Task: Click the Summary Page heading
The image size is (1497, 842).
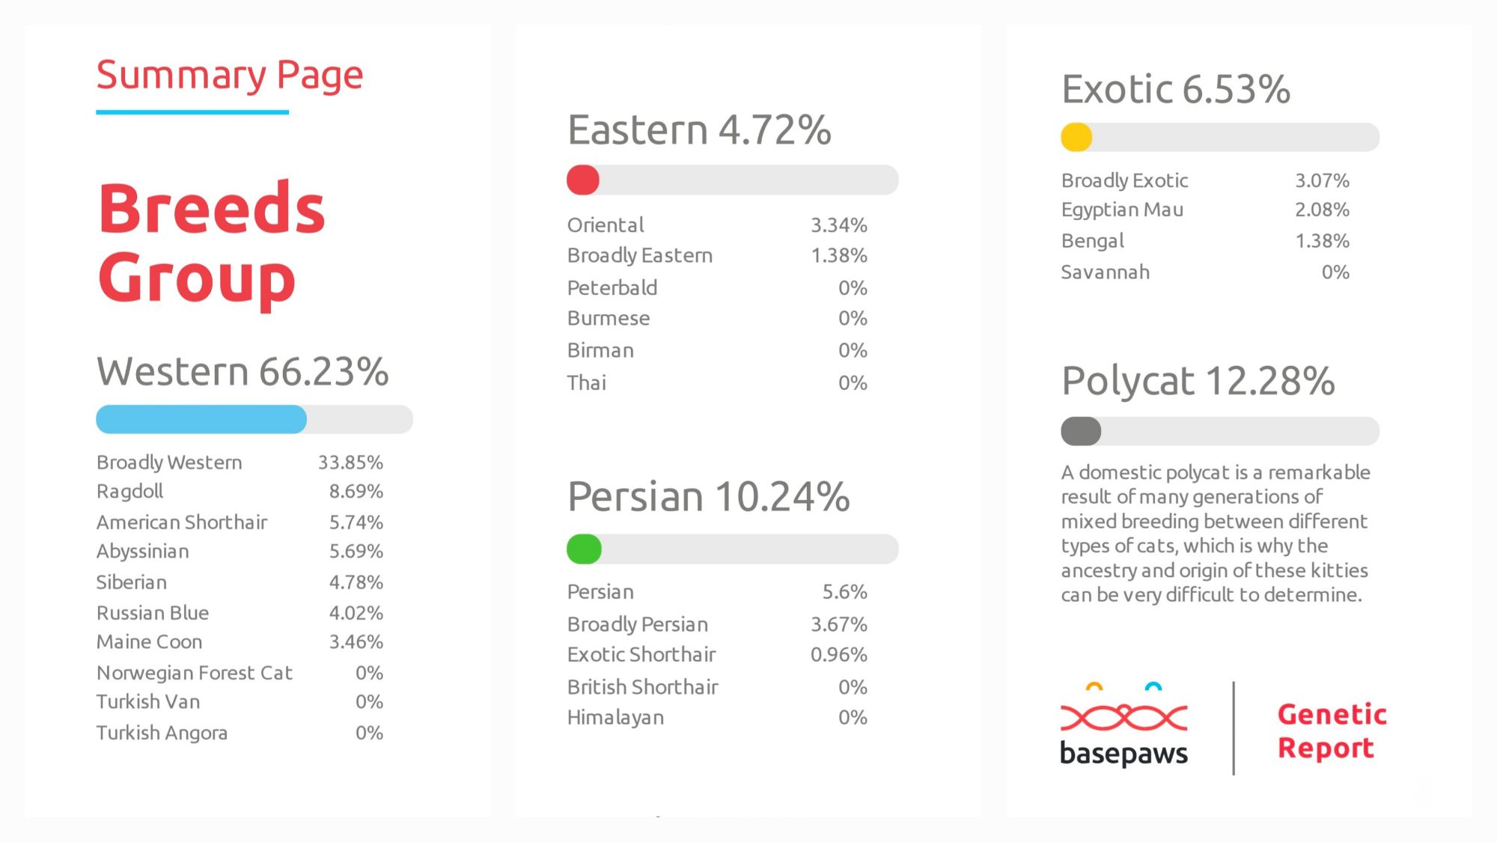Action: pos(230,76)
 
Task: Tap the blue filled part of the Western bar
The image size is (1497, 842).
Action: pos(201,419)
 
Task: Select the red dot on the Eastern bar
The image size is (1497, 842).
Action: pos(583,180)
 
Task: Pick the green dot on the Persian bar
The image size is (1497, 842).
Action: pos(584,549)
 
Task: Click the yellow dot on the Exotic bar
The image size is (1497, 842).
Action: pos(1076,137)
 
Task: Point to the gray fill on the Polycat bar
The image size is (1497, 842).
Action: pos(1081,431)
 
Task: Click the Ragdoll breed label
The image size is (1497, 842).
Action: pos(129,492)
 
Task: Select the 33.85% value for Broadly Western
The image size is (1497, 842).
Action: pos(350,463)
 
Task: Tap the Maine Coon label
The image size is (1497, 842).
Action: pos(149,642)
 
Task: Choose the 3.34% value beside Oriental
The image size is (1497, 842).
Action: pos(839,225)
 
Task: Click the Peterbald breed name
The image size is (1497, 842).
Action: pos(612,287)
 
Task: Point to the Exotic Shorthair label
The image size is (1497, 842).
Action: pos(641,655)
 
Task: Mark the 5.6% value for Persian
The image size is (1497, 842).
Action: pos(845,592)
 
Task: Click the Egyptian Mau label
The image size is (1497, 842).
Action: pos(1122,210)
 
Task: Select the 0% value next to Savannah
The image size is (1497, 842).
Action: pos(1335,272)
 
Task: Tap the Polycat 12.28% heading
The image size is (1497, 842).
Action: pos(1198,381)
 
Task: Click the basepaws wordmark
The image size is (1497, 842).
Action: pos(1123,753)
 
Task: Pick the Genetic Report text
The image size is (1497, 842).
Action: pos(1332,731)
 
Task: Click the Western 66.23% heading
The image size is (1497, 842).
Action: pos(243,372)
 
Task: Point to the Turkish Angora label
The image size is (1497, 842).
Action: pos(162,733)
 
